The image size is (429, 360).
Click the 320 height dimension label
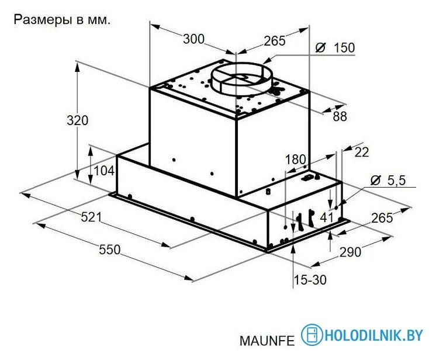(77, 121)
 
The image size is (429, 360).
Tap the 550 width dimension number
(109, 250)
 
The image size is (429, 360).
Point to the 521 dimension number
(91, 217)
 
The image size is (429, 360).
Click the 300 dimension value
(193, 39)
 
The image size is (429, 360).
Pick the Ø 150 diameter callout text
(334, 48)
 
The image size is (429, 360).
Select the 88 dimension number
(340, 117)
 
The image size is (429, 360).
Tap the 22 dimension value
(362, 152)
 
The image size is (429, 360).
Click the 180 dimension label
(295, 160)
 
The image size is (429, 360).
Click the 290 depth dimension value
(350, 252)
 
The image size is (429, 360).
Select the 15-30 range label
(310, 280)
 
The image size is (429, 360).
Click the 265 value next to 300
(274, 41)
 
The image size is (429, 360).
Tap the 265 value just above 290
(382, 218)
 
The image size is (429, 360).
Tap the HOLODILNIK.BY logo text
(373, 335)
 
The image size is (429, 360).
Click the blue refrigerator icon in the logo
(312, 335)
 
